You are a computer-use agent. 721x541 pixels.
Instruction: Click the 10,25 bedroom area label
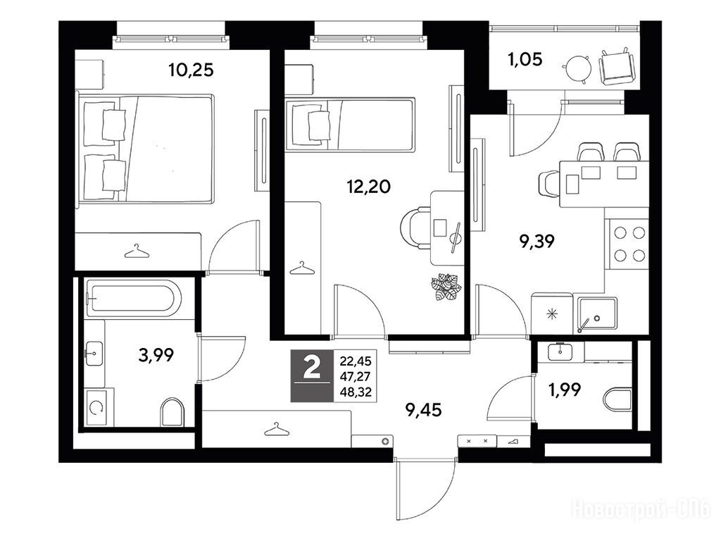point(191,70)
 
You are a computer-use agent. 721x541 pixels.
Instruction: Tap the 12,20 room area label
point(368,186)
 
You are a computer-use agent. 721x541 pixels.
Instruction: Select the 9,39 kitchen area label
point(537,241)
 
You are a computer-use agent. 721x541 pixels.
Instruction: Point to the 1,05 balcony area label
point(525,59)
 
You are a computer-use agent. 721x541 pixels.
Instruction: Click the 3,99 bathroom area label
point(156,355)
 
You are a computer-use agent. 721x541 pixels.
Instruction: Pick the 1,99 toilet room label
point(565,390)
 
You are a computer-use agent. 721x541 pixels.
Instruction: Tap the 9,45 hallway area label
point(423,409)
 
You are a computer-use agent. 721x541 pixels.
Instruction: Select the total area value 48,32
point(356,392)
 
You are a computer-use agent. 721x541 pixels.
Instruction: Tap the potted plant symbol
point(446,287)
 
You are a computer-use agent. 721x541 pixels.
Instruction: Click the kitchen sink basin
point(597,313)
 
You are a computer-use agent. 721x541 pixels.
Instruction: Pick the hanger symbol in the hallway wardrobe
point(277,429)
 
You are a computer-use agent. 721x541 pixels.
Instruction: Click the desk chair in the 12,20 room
point(416,228)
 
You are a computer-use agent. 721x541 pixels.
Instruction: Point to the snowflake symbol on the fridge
point(551,315)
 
